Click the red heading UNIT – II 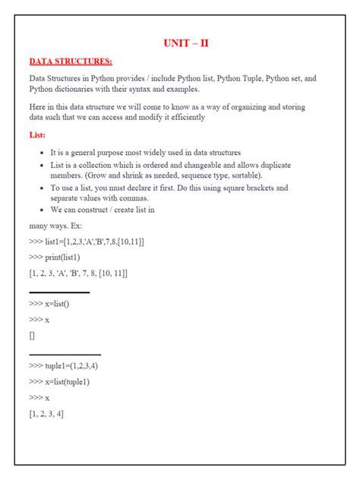point(186,43)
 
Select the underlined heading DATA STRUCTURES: point(71,61)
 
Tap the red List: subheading point(38,134)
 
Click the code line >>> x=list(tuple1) point(64,382)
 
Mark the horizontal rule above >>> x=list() point(59,292)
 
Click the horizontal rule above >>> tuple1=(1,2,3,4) point(65,354)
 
